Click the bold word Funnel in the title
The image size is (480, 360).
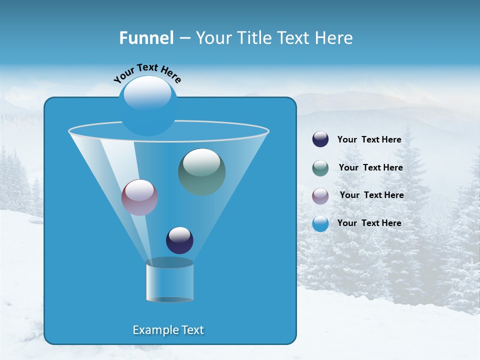click(x=146, y=38)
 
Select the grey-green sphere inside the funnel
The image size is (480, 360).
click(x=202, y=171)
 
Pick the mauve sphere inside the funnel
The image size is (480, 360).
click(x=140, y=197)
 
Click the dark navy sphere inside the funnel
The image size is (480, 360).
click(x=179, y=240)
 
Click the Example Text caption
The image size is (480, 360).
click(x=168, y=330)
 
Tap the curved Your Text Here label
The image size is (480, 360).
click(x=147, y=72)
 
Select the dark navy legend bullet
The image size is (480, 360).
click(x=320, y=139)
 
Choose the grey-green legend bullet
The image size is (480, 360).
click(x=320, y=168)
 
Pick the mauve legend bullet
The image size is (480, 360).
click(x=320, y=195)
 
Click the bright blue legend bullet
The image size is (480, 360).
click(x=320, y=223)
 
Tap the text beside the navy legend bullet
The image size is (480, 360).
click(x=369, y=140)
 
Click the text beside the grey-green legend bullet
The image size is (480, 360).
click(x=370, y=168)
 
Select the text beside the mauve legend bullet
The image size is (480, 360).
click(x=371, y=195)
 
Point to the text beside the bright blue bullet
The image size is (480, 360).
click(x=369, y=223)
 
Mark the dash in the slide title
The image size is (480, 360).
click(x=184, y=38)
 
